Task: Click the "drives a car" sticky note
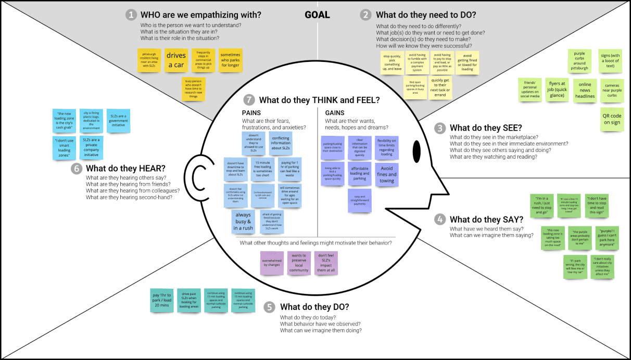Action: click(176, 60)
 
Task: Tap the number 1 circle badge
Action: click(131, 15)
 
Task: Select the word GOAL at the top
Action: click(317, 15)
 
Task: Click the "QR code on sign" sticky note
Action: click(612, 120)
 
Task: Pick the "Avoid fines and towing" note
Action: click(387, 174)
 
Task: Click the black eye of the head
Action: click(417, 151)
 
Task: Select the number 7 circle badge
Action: click(250, 100)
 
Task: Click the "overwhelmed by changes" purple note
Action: click(272, 262)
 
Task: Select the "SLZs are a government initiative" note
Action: click(119, 120)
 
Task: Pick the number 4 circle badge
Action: click(440, 220)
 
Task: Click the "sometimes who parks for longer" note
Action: click(230, 60)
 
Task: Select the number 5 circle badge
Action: click(269, 307)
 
